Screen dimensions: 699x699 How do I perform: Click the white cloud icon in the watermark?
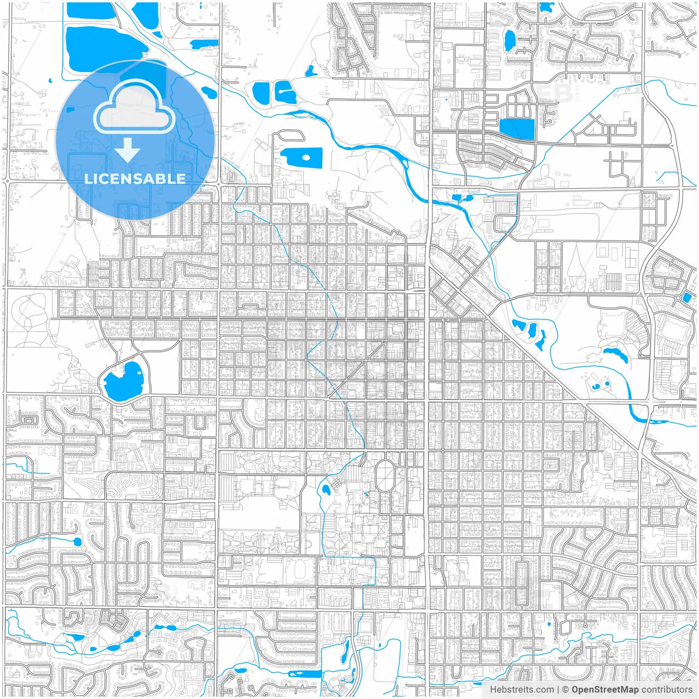(x=134, y=106)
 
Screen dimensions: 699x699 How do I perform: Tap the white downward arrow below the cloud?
(x=128, y=150)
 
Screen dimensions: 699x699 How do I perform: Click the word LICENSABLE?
(x=134, y=179)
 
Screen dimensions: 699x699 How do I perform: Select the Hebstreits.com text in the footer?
(x=522, y=690)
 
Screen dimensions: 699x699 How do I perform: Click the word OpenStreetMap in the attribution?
(x=605, y=690)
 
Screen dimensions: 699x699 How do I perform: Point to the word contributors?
(x=667, y=690)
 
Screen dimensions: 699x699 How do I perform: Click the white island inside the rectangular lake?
(x=306, y=157)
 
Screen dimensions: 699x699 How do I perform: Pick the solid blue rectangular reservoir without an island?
(x=517, y=129)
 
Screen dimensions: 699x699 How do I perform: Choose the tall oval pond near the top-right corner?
(x=510, y=39)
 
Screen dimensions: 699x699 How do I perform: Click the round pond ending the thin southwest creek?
(x=77, y=542)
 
